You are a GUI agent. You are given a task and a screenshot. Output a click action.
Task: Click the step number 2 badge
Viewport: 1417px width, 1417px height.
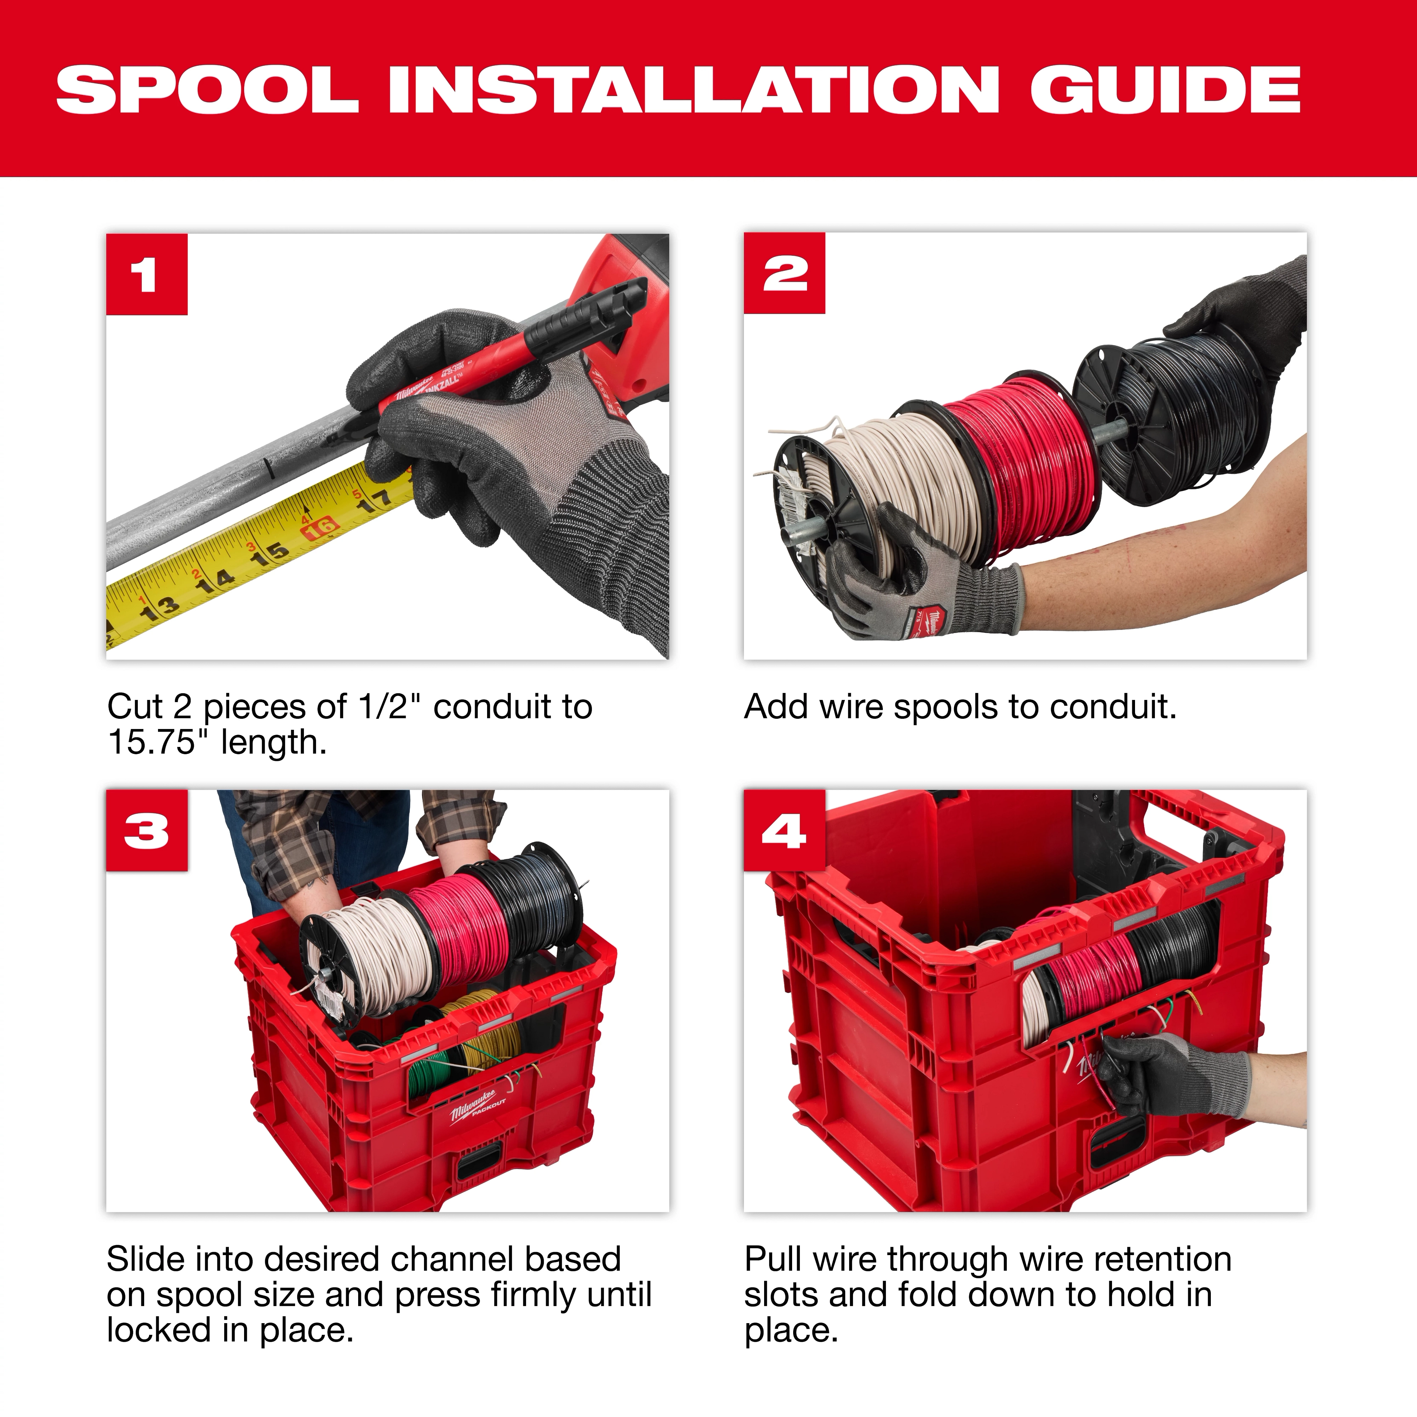pos(784,273)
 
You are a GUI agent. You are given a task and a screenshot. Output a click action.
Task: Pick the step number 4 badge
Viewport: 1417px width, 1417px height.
pos(784,831)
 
